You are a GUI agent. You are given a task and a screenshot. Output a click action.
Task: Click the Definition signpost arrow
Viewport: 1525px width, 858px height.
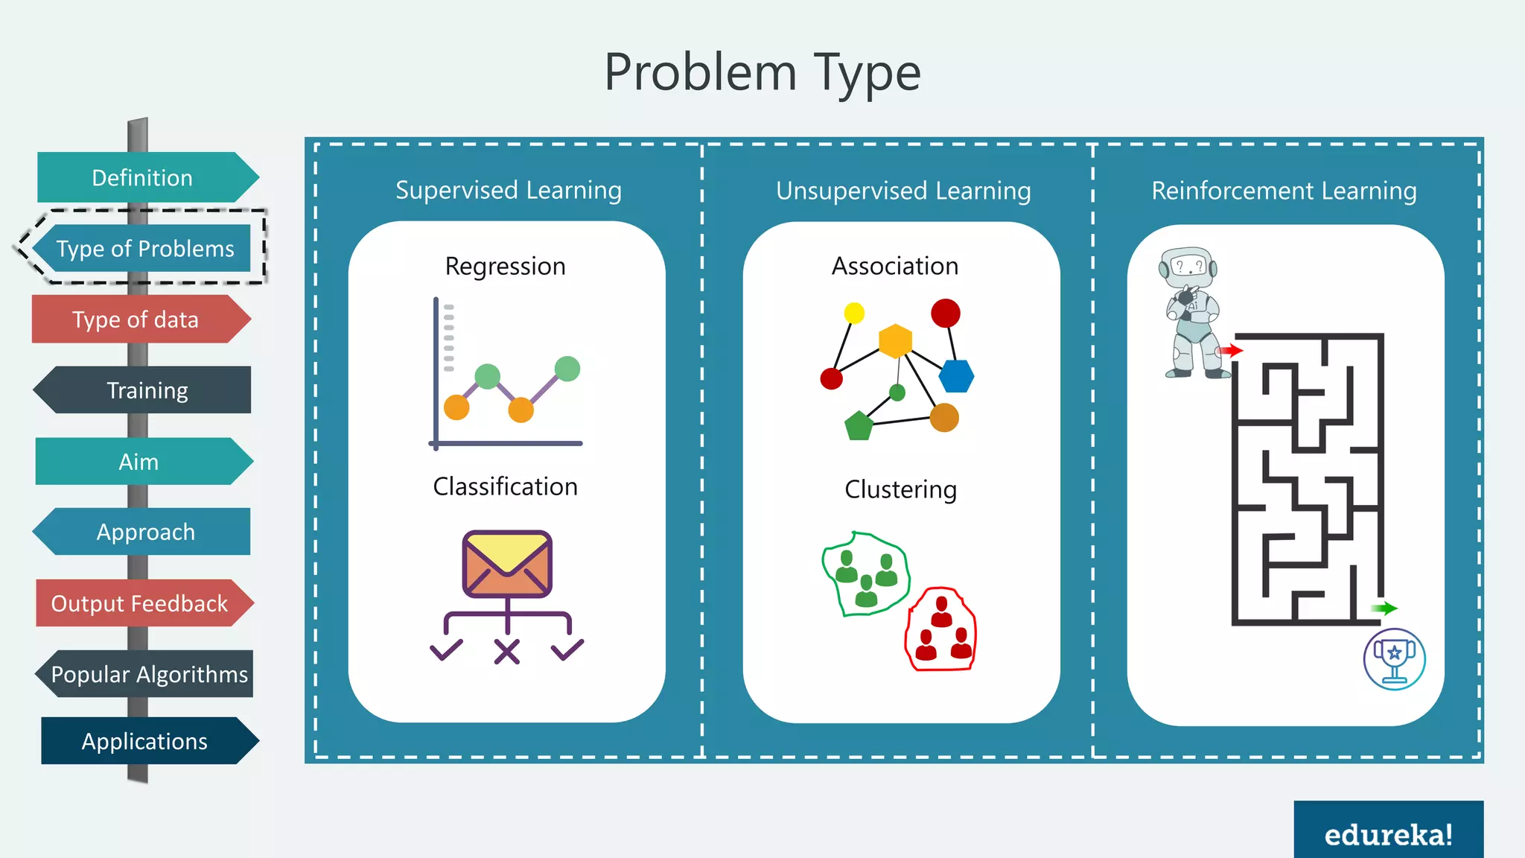pos(145,177)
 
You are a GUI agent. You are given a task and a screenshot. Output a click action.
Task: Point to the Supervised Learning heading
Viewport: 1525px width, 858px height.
pos(509,191)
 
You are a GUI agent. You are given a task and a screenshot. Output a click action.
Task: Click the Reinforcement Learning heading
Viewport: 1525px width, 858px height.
pos(1284,191)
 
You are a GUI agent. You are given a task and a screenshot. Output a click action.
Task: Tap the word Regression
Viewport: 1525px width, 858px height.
pos(505,267)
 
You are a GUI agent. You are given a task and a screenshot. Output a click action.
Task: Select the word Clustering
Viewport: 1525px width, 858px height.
pos(900,489)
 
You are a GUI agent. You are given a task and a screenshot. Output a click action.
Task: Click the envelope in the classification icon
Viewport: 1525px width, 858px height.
pos(507,563)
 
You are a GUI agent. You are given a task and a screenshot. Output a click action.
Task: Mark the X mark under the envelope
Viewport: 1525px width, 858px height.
pos(507,652)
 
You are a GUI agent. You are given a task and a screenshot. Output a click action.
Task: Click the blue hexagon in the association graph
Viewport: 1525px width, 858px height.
pos(956,376)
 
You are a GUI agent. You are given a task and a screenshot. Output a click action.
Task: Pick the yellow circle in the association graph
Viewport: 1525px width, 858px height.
pos(854,313)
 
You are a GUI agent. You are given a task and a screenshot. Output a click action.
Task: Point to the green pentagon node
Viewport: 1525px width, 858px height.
pos(859,425)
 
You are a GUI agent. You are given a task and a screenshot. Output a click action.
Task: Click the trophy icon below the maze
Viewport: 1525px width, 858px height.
pos(1394,658)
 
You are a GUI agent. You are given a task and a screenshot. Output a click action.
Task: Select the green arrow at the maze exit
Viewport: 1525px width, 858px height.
pos(1384,608)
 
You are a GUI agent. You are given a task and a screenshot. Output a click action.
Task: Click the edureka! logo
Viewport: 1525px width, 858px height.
pos(1388,834)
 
